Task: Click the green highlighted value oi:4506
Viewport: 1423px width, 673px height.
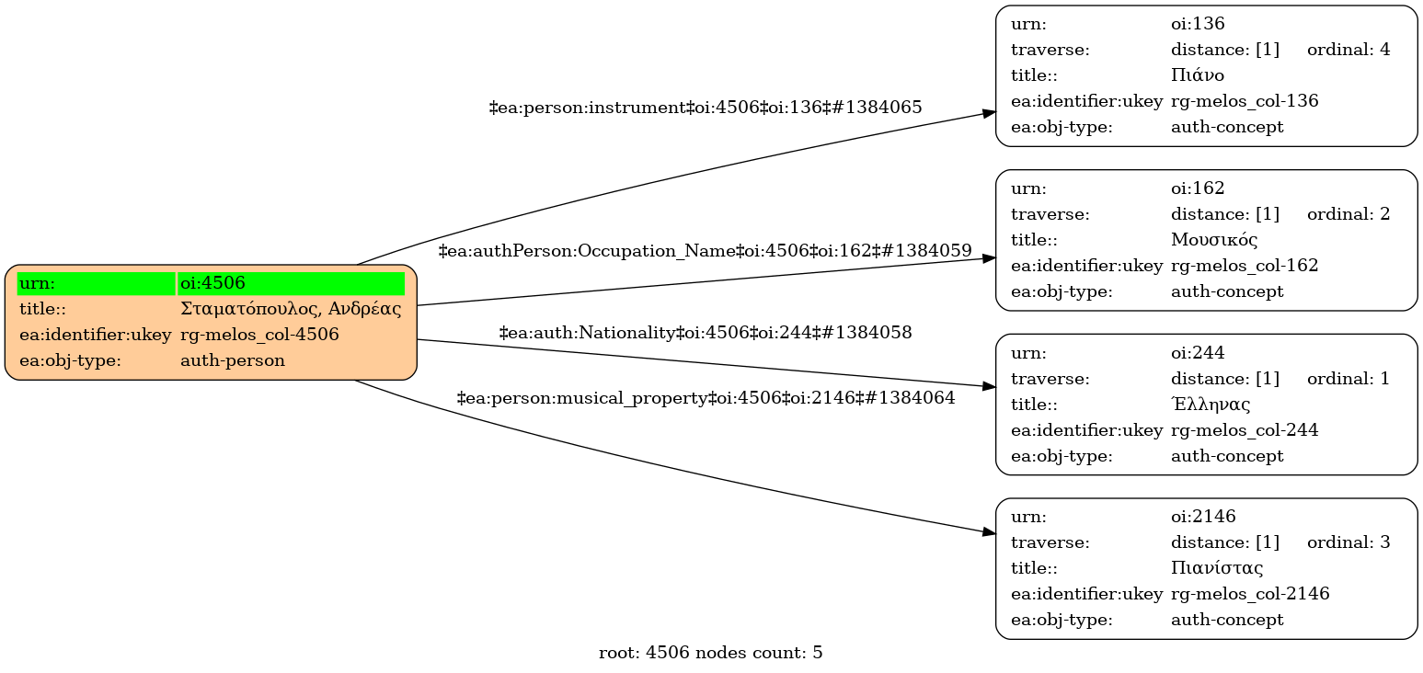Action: pos(212,283)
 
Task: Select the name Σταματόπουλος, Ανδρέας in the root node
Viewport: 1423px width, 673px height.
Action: pos(291,309)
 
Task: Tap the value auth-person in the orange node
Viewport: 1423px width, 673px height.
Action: pos(233,360)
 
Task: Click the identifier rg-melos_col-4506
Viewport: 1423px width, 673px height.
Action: pos(259,335)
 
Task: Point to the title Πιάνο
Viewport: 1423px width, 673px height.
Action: pos(1197,75)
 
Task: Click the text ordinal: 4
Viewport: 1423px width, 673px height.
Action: pos(1348,50)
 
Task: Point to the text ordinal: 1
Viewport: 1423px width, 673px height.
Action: pos(1348,379)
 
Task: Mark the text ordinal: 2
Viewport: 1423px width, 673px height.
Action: pos(1348,214)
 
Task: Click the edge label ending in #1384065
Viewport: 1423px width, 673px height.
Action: pos(705,108)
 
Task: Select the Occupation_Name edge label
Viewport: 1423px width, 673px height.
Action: pos(705,250)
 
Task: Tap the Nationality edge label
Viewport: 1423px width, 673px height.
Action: pos(705,333)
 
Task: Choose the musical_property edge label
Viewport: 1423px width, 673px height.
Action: pos(705,398)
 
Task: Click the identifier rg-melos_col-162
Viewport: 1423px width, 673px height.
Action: pos(1244,266)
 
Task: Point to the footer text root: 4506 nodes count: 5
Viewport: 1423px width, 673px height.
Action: pos(710,654)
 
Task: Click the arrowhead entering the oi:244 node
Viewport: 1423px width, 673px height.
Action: pos(989,386)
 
